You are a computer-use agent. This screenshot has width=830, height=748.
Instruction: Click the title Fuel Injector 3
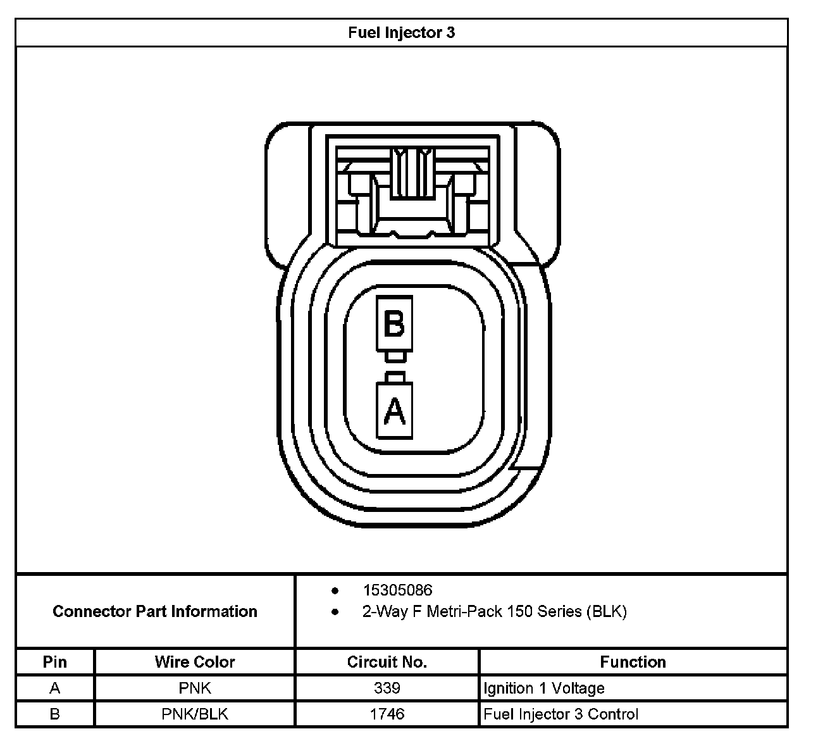pos(401,33)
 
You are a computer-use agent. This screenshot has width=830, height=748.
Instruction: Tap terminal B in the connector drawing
pos(394,324)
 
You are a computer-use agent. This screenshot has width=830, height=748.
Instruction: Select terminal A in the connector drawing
pos(395,411)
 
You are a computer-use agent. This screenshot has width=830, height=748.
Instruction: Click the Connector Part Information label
pos(155,611)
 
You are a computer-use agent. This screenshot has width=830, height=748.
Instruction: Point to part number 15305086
pos(397,590)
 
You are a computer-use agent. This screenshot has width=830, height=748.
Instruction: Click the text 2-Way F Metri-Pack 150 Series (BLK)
pos(494,612)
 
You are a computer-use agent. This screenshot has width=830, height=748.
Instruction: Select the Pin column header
pos(55,662)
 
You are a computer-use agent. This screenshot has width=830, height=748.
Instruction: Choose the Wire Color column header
pos(195,662)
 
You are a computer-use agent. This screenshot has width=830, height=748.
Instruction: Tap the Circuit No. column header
pos(387,662)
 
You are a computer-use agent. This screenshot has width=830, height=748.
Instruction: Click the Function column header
pos(633,662)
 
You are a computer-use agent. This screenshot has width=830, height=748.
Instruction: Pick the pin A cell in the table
pos(55,688)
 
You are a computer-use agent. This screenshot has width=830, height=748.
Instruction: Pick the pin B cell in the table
pos(55,714)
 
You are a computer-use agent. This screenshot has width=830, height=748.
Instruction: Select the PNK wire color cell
pos(195,688)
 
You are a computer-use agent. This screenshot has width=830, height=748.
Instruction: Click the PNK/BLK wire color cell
pos(195,714)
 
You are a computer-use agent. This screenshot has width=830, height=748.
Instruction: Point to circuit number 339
pos(387,688)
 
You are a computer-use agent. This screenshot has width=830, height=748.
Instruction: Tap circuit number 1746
pos(387,714)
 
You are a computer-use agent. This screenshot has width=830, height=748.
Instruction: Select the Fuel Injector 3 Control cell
pos(561,714)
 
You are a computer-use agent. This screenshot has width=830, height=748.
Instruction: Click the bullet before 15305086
pos(335,591)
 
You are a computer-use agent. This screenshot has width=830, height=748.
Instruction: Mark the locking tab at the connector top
pos(412,174)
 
